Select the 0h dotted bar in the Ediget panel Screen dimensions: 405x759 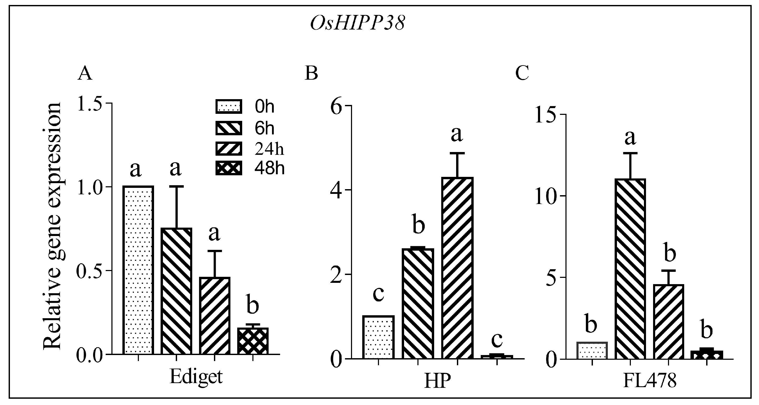[x=138, y=270]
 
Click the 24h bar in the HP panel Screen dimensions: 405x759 [x=457, y=268]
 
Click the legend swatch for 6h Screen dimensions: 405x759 [x=229, y=128]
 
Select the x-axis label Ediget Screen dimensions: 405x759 [x=196, y=377]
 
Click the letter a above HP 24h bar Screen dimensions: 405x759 [x=457, y=135]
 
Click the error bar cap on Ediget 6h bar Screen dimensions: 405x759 [x=176, y=186]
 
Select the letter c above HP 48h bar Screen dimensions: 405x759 [x=497, y=340]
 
